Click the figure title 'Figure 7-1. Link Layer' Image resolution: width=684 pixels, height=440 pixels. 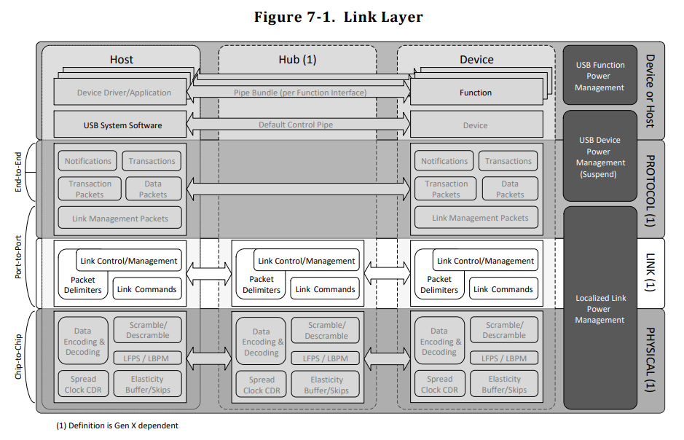339,17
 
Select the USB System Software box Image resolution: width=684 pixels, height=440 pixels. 120,125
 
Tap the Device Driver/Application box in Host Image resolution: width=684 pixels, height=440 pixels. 120,92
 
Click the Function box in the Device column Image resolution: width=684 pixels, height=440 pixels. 476,92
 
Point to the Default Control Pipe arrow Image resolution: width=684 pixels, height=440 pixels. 299,125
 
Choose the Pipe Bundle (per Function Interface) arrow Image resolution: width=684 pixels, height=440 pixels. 299,93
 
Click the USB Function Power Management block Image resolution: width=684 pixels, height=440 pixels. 600,76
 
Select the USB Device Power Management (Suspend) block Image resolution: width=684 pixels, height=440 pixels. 600,156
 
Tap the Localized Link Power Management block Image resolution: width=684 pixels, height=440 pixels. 600,308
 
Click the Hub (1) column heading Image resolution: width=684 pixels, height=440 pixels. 297,59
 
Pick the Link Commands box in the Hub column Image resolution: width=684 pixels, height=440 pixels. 325,288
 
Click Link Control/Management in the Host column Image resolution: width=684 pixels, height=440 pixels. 129,260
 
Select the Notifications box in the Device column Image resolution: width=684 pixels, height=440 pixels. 444,161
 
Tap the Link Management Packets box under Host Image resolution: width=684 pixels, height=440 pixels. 120,218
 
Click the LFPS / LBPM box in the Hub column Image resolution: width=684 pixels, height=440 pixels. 326,358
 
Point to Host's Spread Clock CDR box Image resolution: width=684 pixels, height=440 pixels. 83,384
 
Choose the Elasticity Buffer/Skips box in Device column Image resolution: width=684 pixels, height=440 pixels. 504,384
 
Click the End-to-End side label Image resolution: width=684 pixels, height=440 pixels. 18,172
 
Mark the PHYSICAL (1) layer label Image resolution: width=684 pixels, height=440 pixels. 650,359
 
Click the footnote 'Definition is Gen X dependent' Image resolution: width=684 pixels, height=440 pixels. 123,425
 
